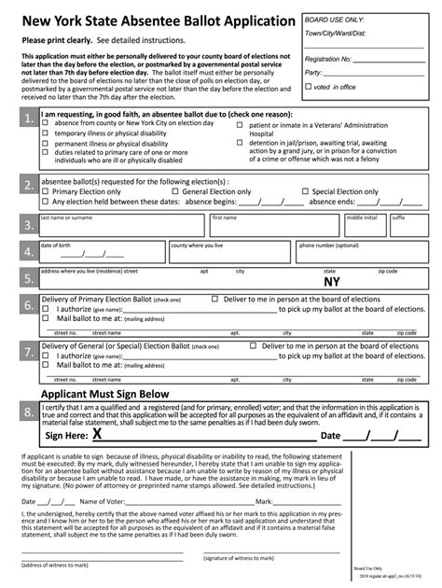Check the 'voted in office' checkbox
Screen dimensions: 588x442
point(310,87)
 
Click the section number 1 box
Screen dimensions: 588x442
point(29,118)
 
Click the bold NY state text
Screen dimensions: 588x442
point(331,282)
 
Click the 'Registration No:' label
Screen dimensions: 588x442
point(328,58)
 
